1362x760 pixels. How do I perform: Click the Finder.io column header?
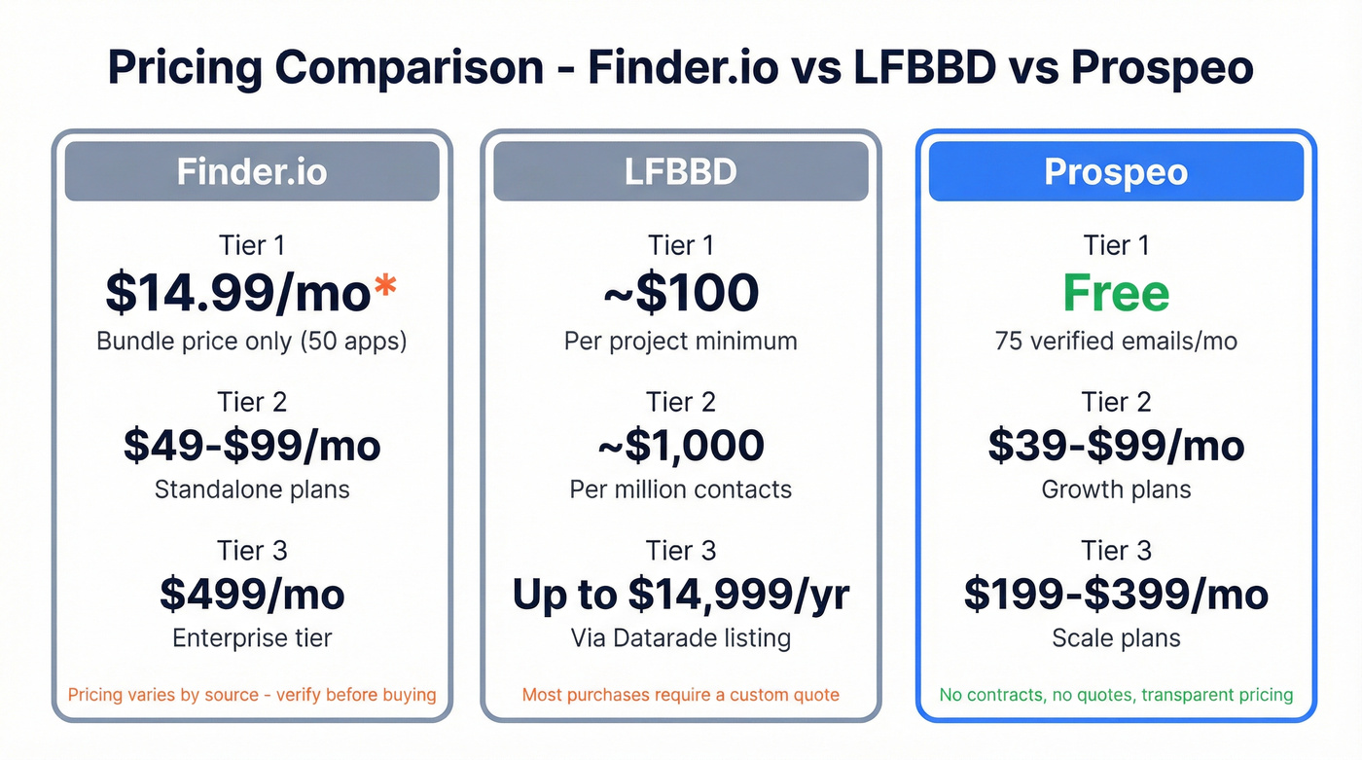(x=252, y=171)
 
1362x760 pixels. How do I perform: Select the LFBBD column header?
(x=680, y=171)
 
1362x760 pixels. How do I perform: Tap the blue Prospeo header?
(x=1116, y=171)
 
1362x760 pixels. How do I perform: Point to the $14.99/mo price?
(x=237, y=294)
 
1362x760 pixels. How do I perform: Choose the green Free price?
(x=1116, y=293)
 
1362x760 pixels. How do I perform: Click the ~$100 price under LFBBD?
(x=680, y=293)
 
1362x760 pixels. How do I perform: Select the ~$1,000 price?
(x=680, y=445)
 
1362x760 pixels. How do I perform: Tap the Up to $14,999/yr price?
(x=680, y=595)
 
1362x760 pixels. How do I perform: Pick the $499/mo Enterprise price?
(x=252, y=595)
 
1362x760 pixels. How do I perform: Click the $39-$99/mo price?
(x=1116, y=445)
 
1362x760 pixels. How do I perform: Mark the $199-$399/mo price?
(x=1116, y=595)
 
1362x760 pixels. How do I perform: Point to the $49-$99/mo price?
(x=252, y=445)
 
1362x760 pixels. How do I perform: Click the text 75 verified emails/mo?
(x=1116, y=342)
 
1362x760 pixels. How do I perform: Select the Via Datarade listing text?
(x=680, y=638)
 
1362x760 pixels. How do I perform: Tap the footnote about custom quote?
(x=680, y=695)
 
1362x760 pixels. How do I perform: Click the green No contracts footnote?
(x=1116, y=695)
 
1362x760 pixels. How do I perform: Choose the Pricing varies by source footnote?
(x=252, y=695)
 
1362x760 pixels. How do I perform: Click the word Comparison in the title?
(x=410, y=68)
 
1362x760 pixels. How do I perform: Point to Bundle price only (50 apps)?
(x=252, y=342)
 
